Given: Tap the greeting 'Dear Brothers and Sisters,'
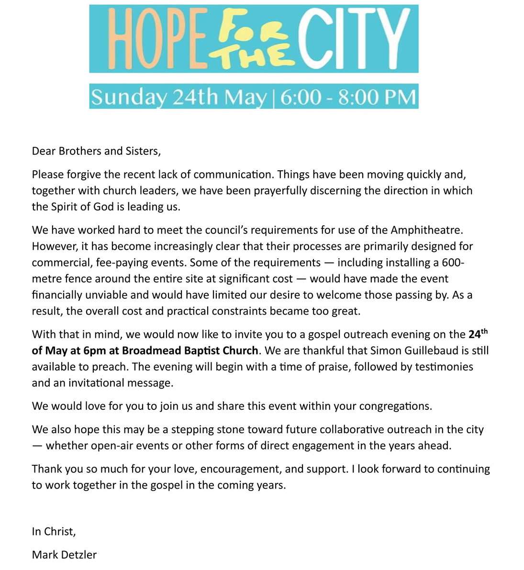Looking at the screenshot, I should click(x=96, y=151).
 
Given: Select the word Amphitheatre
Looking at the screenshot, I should click(x=427, y=230).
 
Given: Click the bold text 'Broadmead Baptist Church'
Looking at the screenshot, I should click(x=190, y=351).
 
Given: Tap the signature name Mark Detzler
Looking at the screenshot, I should click(x=64, y=555).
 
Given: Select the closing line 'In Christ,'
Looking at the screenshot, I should click(x=54, y=531).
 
